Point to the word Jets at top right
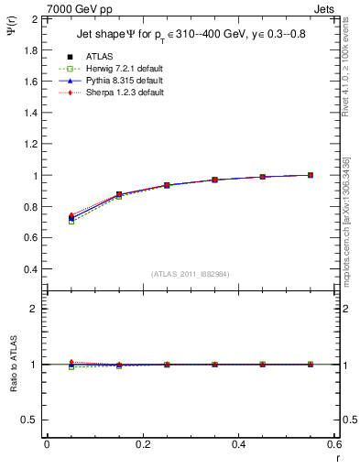[x=325, y=8]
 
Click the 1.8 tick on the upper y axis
[x=29, y=49]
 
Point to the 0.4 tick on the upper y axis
[x=29, y=270]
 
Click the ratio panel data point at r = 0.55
[x=311, y=365]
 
